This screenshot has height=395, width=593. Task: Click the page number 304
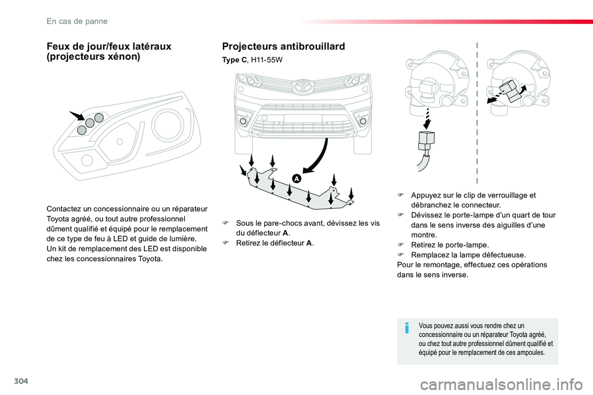21,381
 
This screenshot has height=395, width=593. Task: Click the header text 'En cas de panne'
77,21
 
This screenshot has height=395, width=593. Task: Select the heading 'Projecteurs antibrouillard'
284,46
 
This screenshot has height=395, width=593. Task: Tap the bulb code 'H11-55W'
267,60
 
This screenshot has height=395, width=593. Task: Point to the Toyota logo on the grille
302,86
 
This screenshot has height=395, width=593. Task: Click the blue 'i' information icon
406,328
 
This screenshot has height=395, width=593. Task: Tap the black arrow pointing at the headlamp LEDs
77,116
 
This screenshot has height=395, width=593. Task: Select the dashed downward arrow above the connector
427,118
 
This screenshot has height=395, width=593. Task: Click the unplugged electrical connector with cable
426,149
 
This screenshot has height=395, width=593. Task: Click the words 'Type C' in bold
233,60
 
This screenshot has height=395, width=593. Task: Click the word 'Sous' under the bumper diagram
243,223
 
